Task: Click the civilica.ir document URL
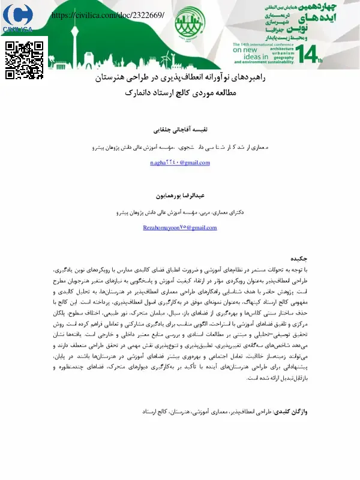click(109, 14)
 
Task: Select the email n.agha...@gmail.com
click(179, 163)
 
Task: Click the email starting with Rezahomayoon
click(179, 228)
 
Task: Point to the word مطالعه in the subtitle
click(226, 94)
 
